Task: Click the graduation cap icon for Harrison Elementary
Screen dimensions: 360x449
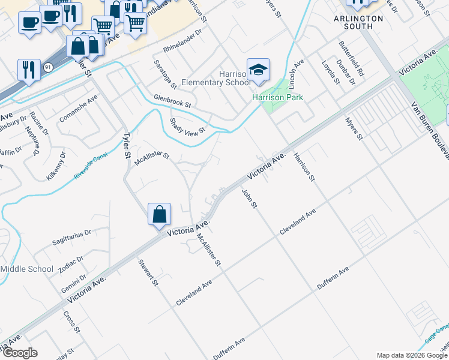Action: [x=258, y=71]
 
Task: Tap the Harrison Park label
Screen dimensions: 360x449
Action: [x=277, y=97]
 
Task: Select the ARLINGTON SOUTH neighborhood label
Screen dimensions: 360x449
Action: [x=358, y=22]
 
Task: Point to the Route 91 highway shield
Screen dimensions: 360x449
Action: [x=47, y=67]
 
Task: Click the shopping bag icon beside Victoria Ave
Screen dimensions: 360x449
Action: [x=159, y=215]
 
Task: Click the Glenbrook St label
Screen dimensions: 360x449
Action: [x=172, y=103]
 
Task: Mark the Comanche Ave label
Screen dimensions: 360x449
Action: [x=78, y=112]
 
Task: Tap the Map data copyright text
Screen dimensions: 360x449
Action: [x=411, y=355]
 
